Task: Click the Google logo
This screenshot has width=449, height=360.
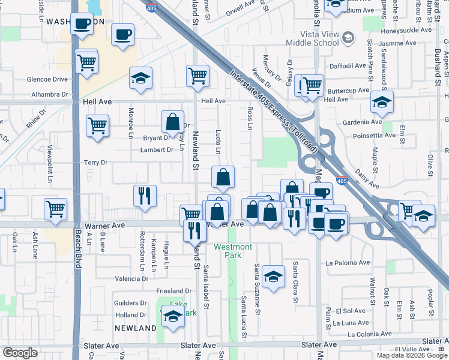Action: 20,353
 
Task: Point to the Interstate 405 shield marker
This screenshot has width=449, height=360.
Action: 341,180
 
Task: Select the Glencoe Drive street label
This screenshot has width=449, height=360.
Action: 47,79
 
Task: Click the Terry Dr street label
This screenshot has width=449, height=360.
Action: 95,163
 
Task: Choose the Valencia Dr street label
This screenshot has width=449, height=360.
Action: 131,279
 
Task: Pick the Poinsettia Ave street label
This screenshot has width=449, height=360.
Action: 374,136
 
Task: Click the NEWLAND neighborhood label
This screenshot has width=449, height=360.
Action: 136,328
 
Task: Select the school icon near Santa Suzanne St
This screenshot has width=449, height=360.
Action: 273,276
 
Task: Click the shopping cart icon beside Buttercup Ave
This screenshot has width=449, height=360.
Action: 312,86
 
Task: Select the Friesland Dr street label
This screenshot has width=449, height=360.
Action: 173,291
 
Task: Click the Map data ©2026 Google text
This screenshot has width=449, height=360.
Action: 411,355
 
